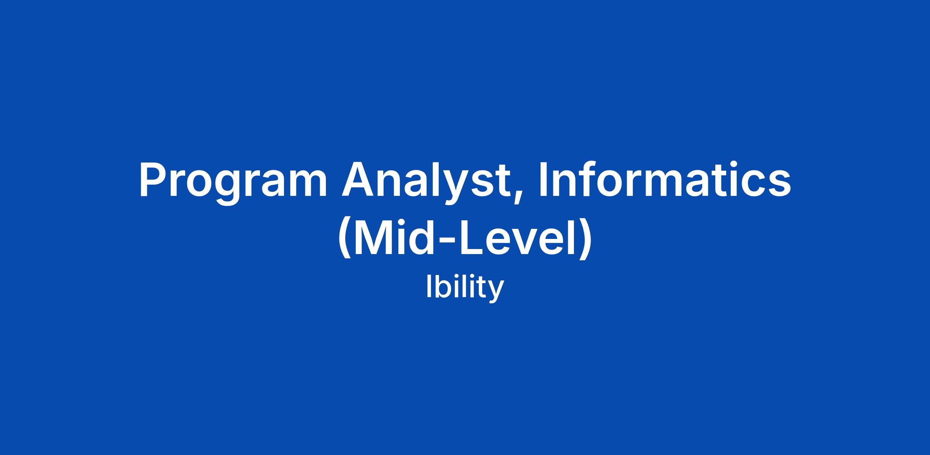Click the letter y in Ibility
pos(496,292)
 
